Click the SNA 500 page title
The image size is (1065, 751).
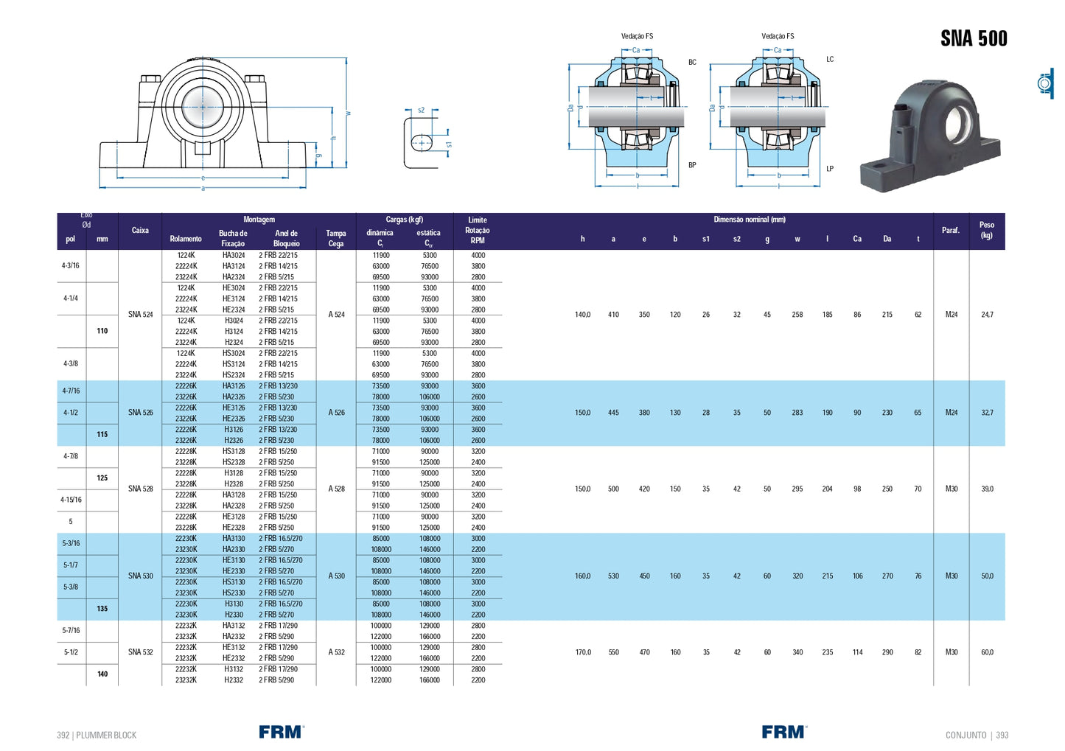coord(973,38)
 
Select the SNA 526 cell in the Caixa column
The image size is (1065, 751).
coord(140,413)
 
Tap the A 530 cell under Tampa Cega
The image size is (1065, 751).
coord(336,576)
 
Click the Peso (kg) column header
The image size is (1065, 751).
coord(986,230)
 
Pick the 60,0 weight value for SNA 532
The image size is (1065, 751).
coord(987,652)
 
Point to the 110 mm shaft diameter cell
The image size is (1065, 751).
coord(102,331)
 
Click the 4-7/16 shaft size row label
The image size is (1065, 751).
coord(71,391)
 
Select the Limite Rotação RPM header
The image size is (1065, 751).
coord(477,230)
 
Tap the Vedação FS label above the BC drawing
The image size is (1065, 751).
coord(637,36)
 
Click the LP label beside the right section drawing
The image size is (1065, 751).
coord(830,169)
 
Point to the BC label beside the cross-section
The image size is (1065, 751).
coord(692,63)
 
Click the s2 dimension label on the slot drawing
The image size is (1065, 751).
coord(421,111)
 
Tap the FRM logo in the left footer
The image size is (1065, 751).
coord(281,732)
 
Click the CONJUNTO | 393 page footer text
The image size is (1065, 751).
coord(977,735)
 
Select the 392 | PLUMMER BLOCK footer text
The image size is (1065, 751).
coord(97,735)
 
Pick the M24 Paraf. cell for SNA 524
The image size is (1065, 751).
coord(951,315)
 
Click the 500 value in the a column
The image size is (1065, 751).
coord(613,489)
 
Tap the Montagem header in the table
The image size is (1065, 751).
coord(259,220)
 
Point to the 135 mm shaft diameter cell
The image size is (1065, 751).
coord(102,609)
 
